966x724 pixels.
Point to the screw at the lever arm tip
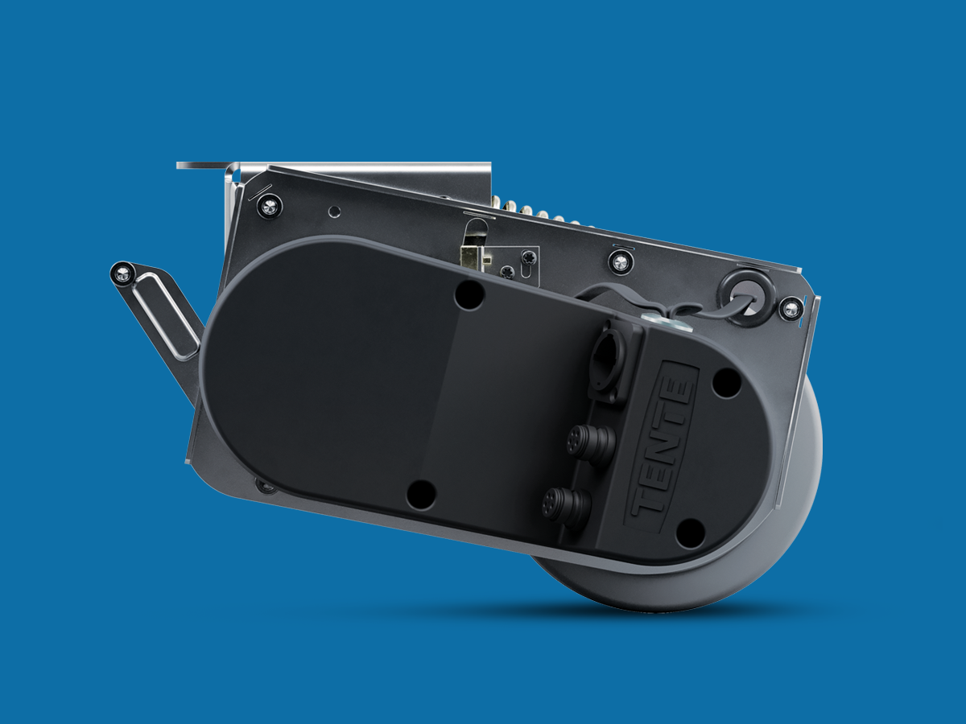tap(122, 274)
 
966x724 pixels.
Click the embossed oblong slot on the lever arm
tap(165, 319)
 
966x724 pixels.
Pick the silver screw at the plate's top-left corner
tap(268, 206)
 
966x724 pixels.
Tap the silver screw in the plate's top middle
tap(619, 261)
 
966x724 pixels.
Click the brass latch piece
tap(473, 255)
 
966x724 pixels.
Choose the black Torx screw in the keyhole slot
tap(528, 258)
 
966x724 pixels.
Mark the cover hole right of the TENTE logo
tap(726, 384)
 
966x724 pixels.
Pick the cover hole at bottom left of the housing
tap(420, 494)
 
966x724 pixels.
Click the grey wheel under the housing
tap(724, 579)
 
